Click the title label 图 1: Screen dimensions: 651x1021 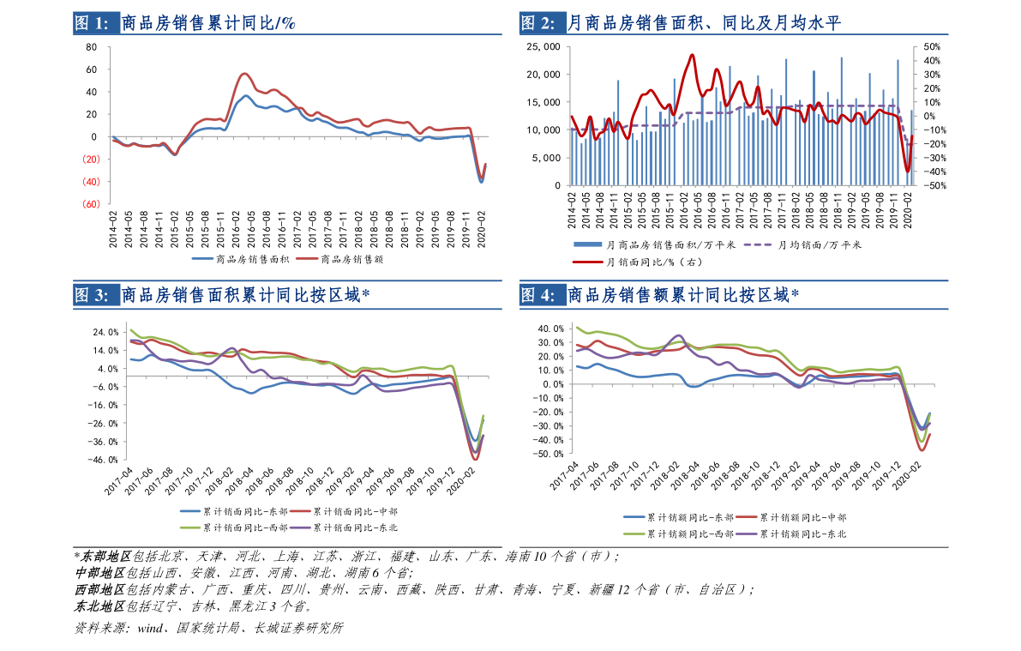[92, 23]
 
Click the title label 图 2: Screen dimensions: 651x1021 [538, 23]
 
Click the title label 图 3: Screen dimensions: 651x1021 [92, 296]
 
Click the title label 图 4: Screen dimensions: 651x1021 [538, 296]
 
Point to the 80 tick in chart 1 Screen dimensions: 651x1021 [92, 46]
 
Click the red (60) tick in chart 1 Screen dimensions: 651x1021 [90, 204]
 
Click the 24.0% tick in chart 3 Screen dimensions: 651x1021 [107, 332]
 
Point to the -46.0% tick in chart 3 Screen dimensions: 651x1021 [105, 460]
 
